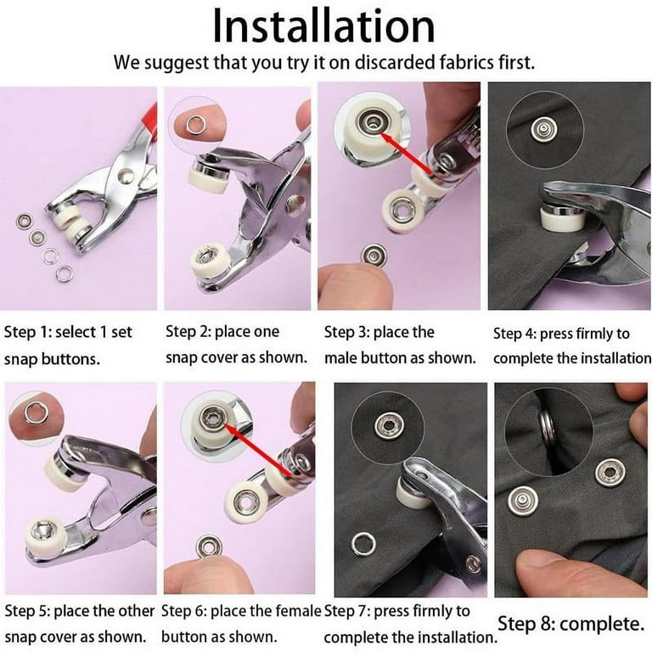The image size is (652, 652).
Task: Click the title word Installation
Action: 323,26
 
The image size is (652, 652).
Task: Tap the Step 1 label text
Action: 68,346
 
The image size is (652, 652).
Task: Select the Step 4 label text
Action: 572,346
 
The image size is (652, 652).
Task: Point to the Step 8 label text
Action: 570,624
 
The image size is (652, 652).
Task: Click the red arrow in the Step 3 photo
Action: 407,153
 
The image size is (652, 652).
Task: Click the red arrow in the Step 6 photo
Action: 258,449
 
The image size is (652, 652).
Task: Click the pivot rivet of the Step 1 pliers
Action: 125,176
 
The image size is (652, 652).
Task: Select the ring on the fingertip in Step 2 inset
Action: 194,125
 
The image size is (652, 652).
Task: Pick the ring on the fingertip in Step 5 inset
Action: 34,413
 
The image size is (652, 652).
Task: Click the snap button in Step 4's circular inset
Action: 542,129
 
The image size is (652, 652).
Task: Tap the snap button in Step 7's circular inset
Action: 388,425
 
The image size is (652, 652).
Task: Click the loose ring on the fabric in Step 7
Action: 363,544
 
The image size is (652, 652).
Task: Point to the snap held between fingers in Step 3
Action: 374,255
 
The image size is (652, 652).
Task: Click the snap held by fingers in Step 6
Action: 209,547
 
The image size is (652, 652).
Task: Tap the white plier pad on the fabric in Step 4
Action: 559,220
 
